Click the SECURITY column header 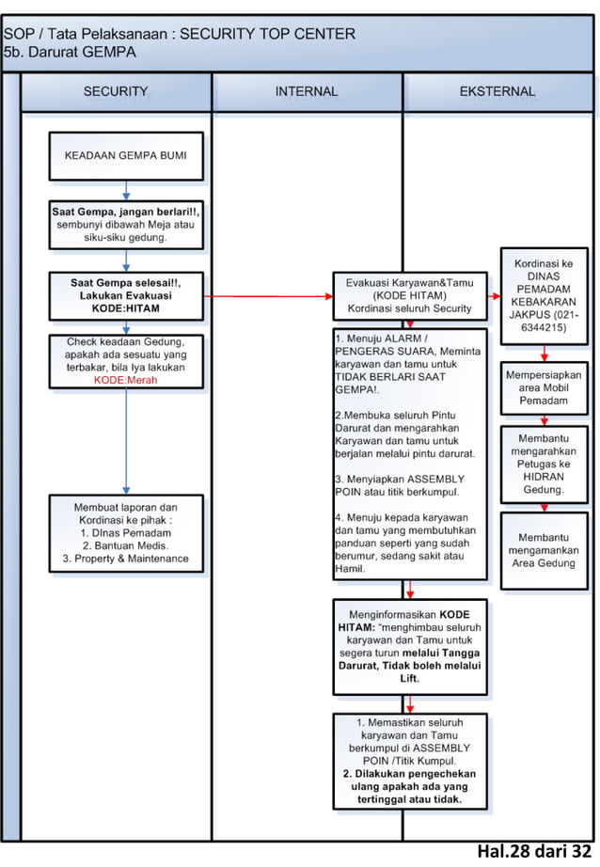point(116,92)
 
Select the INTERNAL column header point(307,92)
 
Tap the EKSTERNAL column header point(497,92)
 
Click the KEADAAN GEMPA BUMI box point(125,156)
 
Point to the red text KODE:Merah point(125,381)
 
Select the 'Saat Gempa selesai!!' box point(125,295)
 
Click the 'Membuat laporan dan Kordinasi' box point(125,532)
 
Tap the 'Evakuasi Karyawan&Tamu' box point(409,295)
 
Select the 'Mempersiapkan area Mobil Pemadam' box point(544,387)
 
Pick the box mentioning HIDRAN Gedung point(544,464)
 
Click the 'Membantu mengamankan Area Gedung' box point(544,550)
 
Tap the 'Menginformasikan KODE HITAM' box point(409,646)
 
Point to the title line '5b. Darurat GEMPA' point(70,53)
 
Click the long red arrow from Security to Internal point(268,295)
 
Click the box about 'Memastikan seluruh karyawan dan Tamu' point(409,761)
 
